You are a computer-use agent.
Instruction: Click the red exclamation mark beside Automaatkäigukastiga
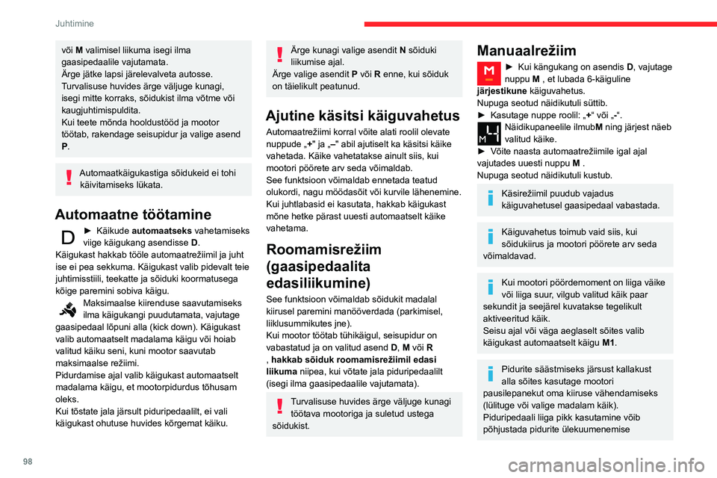[68, 178]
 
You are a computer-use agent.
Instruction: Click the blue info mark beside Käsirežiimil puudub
[491, 198]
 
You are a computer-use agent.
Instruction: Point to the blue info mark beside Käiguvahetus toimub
[491, 238]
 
